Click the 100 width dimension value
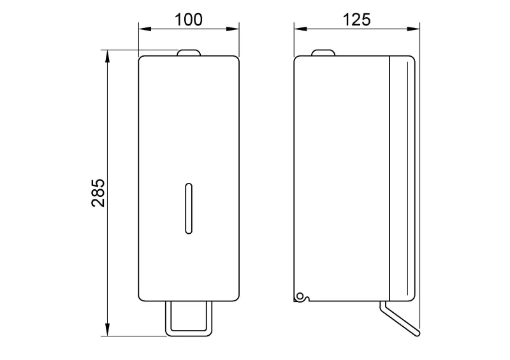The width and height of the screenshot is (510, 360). pyautogui.click(x=189, y=20)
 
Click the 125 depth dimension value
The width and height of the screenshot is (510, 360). pyautogui.click(x=357, y=20)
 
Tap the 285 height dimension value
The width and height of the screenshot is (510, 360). pyautogui.click(x=98, y=193)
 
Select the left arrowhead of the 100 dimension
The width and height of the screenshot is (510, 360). pyautogui.click(x=145, y=29)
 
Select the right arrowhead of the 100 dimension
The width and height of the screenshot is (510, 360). pyautogui.click(x=233, y=29)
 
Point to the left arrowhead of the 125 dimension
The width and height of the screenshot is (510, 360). pyautogui.click(x=300, y=29)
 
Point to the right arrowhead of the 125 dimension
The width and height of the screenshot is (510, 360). pyautogui.click(x=413, y=29)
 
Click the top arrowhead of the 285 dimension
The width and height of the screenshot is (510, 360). pyautogui.click(x=108, y=56)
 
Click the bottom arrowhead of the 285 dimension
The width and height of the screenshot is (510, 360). pyautogui.click(x=108, y=329)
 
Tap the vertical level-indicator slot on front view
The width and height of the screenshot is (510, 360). pyautogui.click(x=189, y=208)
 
